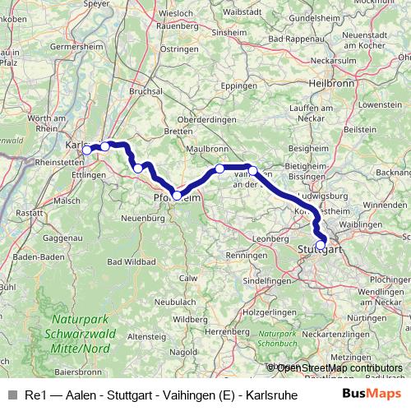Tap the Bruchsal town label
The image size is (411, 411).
pos(146,92)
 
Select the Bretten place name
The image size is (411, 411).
pos(178,131)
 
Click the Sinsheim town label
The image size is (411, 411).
pos(228,33)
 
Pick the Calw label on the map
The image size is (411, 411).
pos(188,278)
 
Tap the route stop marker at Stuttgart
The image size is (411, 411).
pos(321,244)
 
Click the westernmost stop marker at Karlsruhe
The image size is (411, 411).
pos(87,150)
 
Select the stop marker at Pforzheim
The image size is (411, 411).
pos(177,196)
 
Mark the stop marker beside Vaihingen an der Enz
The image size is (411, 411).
pos(253,171)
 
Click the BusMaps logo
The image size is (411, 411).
pos(372,395)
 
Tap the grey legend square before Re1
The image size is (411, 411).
pos(12,395)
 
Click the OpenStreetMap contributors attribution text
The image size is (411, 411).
pos(339,368)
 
